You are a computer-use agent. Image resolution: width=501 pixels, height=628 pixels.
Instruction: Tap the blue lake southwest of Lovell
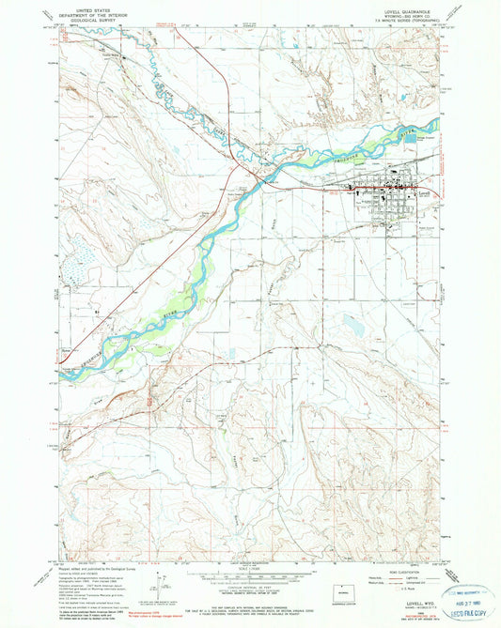coord(352,324)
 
